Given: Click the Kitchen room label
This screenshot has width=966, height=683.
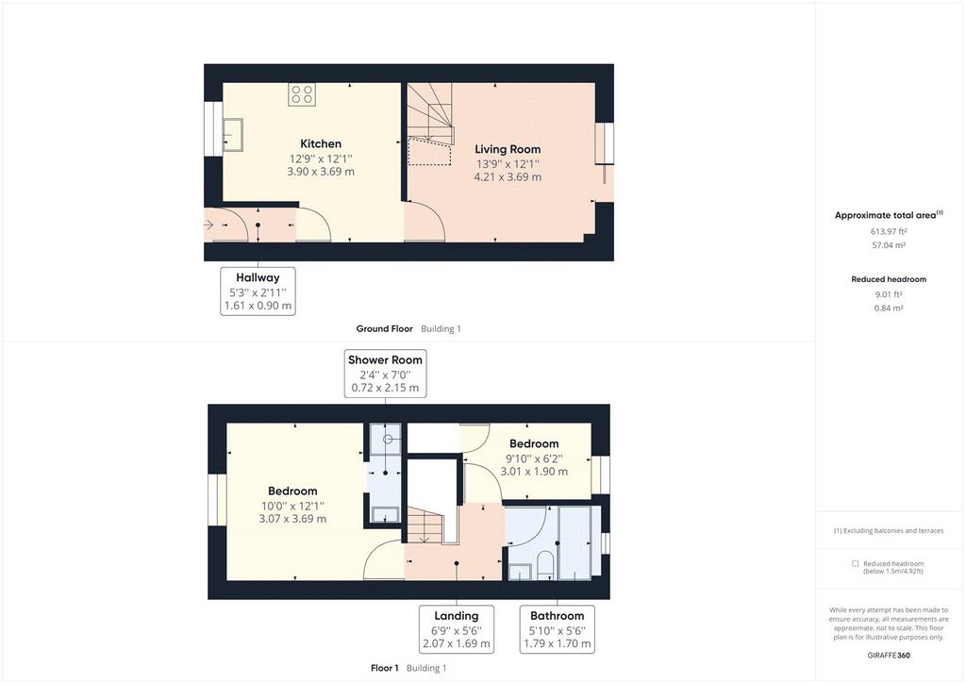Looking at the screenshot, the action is point(321,143).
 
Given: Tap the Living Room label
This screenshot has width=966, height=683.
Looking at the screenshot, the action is point(508,149).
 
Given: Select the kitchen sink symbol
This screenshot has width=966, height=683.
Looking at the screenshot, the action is point(232,134).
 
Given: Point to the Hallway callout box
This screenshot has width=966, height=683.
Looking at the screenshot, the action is point(258,292).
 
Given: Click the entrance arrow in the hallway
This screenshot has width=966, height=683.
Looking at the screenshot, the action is point(208,225).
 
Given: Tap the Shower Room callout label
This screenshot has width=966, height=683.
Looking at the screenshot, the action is point(385,359).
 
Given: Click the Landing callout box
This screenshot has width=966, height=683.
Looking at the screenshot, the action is point(457,629).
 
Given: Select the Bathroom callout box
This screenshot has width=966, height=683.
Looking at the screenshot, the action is point(557,629).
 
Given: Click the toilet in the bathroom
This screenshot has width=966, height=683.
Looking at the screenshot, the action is point(545,566).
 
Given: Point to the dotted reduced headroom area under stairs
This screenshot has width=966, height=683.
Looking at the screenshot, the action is point(429,152).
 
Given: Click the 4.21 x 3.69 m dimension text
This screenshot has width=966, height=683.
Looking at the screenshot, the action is point(508,177).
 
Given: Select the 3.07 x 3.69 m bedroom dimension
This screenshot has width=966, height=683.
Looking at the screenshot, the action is point(292,519).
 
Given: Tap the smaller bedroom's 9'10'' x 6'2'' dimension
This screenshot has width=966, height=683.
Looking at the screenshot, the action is point(534,458).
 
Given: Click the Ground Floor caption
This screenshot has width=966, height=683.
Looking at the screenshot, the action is point(385,329).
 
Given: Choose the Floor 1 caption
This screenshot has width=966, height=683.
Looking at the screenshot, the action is point(385,668).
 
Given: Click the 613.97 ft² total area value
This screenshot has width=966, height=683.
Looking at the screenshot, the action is point(889,231).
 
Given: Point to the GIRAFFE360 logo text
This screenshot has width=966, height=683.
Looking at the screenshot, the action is point(889,656).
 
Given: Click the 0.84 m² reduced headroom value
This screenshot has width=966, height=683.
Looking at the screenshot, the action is point(889,308).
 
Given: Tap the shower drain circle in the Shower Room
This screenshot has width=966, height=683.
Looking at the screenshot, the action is point(388,439).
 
